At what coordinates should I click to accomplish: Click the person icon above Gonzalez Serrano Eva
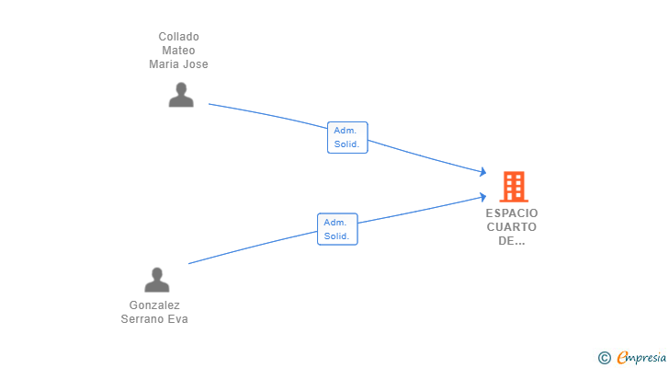(x=157, y=280)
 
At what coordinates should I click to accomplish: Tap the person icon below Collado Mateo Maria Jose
(x=181, y=95)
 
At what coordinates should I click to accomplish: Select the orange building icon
(x=514, y=187)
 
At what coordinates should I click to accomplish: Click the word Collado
(x=178, y=37)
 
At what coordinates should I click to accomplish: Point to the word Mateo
(x=178, y=51)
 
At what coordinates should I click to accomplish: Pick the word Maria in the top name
(x=164, y=64)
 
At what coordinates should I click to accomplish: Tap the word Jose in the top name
(x=196, y=64)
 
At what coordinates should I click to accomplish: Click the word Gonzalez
(x=154, y=305)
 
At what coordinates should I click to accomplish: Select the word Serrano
(x=142, y=319)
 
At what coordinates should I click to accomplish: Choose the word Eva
(x=177, y=319)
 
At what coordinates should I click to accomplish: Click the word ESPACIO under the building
(x=513, y=213)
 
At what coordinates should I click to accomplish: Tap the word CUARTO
(x=513, y=227)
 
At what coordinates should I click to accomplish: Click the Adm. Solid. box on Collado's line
(x=347, y=137)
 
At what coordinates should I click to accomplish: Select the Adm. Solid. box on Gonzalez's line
(x=337, y=229)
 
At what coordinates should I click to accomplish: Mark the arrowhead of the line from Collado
(x=482, y=172)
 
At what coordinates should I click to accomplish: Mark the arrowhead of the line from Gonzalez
(x=482, y=196)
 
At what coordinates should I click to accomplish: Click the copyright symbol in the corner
(x=604, y=357)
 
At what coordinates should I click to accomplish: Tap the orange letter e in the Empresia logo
(x=622, y=357)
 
